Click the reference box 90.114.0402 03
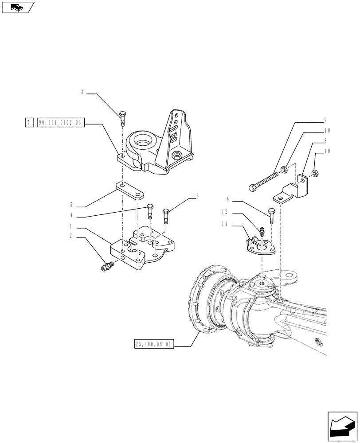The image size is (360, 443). coord(61,123)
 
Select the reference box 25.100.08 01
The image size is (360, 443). coord(154,344)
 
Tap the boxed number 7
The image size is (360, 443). coord(28,123)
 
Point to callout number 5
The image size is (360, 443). coord(71,206)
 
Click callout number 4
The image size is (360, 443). coord(71,217)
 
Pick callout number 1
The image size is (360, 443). coord(71,226)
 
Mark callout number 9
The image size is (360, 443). coord(325,120)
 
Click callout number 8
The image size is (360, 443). coord(325,141)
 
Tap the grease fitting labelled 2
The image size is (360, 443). coord(107,266)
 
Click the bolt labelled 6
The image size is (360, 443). coord(271,214)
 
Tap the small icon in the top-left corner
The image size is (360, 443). coord(17,8)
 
